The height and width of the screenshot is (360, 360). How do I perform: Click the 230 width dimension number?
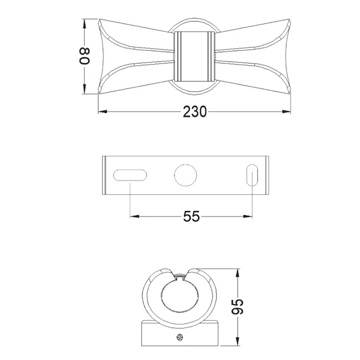(195, 112)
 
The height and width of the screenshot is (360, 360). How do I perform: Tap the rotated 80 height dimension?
(84, 56)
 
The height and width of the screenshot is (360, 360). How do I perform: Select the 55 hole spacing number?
(191, 216)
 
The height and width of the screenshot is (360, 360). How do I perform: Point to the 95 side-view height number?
(237, 306)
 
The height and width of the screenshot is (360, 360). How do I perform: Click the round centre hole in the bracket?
(186, 175)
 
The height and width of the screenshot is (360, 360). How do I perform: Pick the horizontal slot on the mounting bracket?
(130, 175)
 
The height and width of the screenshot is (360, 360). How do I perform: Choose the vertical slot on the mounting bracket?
(252, 175)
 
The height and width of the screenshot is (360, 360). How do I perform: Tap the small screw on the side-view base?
(180, 337)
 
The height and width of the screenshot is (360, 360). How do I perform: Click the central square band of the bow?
(194, 57)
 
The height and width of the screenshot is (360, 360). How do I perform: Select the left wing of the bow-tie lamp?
(136, 57)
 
